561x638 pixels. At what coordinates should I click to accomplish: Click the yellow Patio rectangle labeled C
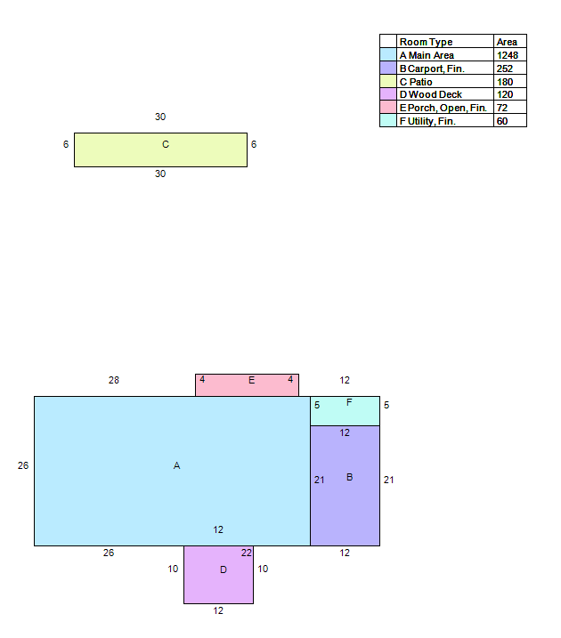160,149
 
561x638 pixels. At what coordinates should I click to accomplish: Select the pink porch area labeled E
247,385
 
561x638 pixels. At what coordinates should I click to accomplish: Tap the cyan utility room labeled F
345,411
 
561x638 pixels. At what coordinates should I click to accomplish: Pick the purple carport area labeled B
345,486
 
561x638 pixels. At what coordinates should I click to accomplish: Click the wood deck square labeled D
219,575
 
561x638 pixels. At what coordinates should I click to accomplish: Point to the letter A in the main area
176,465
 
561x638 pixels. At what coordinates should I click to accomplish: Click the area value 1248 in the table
508,55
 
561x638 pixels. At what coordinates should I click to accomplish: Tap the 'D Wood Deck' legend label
431,94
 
